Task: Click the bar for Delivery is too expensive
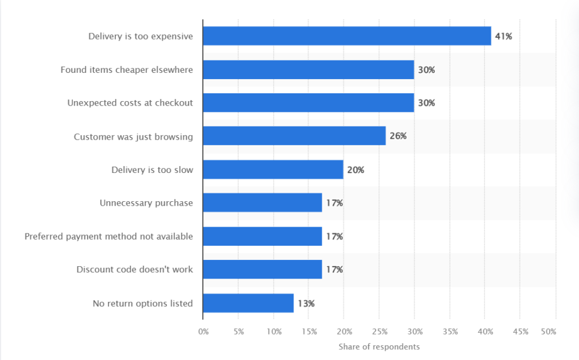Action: (347, 36)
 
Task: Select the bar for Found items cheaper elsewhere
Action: (308, 70)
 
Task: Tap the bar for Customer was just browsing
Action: (294, 136)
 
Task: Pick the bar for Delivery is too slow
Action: (273, 170)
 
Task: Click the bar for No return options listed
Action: (248, 303)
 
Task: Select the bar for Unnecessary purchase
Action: (262, 203)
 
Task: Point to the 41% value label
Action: (504, 37)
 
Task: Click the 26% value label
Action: (398, 136)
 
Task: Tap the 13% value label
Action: (306, 303)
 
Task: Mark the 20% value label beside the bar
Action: (356, 170)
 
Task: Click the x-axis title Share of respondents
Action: (379, 346)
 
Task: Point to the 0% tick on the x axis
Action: (204, 331)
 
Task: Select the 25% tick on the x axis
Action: (379, 331)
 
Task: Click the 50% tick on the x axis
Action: (548, 331)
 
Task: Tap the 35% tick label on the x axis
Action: (450, 331)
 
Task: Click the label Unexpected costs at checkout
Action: (130, 103)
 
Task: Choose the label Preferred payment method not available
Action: (109, 236)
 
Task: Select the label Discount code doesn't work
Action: (135, 270)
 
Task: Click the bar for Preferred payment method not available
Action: (262, 236)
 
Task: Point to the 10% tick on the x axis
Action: (274, 331)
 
